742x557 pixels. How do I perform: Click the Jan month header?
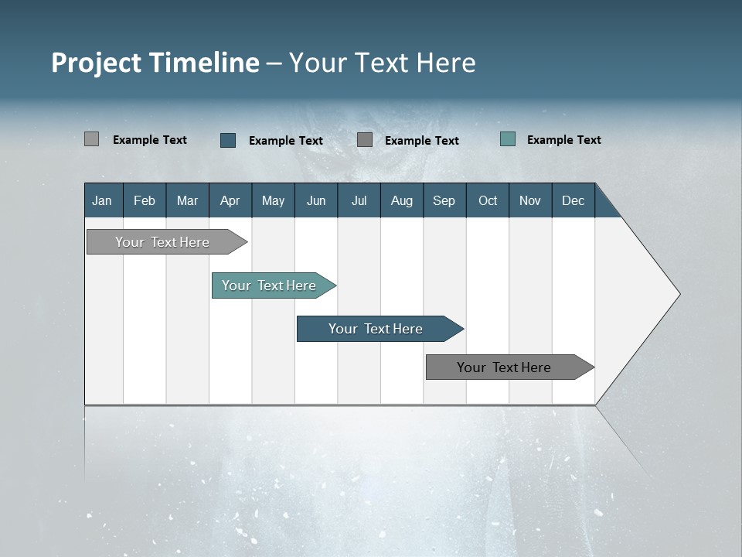click(x=102, y=200)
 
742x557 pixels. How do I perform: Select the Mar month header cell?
click(x=187, y=200)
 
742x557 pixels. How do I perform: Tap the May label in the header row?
click(x=273, y=200)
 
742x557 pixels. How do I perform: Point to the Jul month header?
click(x=359, y=200)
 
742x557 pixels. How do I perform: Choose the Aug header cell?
click(x=401, y=200)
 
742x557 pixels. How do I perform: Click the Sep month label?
click(x=444, y=200)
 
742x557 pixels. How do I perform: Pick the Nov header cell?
click(x=529, y=200)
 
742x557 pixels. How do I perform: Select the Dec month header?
click(x=573, y=200)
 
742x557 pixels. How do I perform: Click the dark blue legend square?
click(x=228, y=140)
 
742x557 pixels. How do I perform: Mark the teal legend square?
click(x=508, y=139)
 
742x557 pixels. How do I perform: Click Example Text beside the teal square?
click(x=563, y=140)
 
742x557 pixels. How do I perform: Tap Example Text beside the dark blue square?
click(x=285, y=141)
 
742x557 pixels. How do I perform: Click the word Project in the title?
click(x=97, y=63)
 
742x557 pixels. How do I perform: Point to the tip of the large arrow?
click(x=679, y=294)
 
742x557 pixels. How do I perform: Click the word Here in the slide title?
click(x=446, y=63)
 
